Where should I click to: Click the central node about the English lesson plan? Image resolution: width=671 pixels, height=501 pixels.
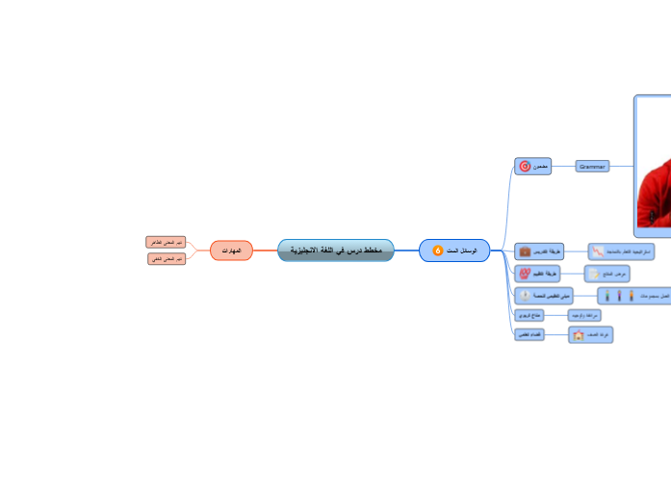coord(336,250)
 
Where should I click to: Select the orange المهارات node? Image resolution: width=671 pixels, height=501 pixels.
coord(231,250)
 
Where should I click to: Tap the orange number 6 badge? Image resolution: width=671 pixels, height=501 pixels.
coord(438,250)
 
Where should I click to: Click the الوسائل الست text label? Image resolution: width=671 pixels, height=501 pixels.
coord(462,250)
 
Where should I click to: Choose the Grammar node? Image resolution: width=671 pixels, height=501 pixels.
coord(592,167)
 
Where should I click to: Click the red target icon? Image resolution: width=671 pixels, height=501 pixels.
coord(525,167)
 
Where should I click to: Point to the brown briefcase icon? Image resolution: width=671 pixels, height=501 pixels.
coord(525,250)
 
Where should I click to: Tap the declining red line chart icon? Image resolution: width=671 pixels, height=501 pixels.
coord(599,250)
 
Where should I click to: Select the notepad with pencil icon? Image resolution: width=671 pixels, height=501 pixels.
coord(594,274)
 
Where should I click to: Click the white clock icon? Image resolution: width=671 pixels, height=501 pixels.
coord(525,296)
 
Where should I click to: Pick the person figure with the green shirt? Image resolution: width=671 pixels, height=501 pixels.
coord(607,296)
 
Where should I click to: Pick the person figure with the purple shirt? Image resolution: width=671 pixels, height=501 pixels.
coord(619,296)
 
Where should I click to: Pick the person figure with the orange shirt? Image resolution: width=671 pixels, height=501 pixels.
coord(631,296)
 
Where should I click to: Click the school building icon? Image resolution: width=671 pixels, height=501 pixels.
coord(578,335)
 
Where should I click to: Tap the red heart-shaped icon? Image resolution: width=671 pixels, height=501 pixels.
coord(525,274)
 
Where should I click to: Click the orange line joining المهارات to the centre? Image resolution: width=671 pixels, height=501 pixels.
coord(265,250)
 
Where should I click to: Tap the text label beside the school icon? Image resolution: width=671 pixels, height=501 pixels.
coord(598,335)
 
